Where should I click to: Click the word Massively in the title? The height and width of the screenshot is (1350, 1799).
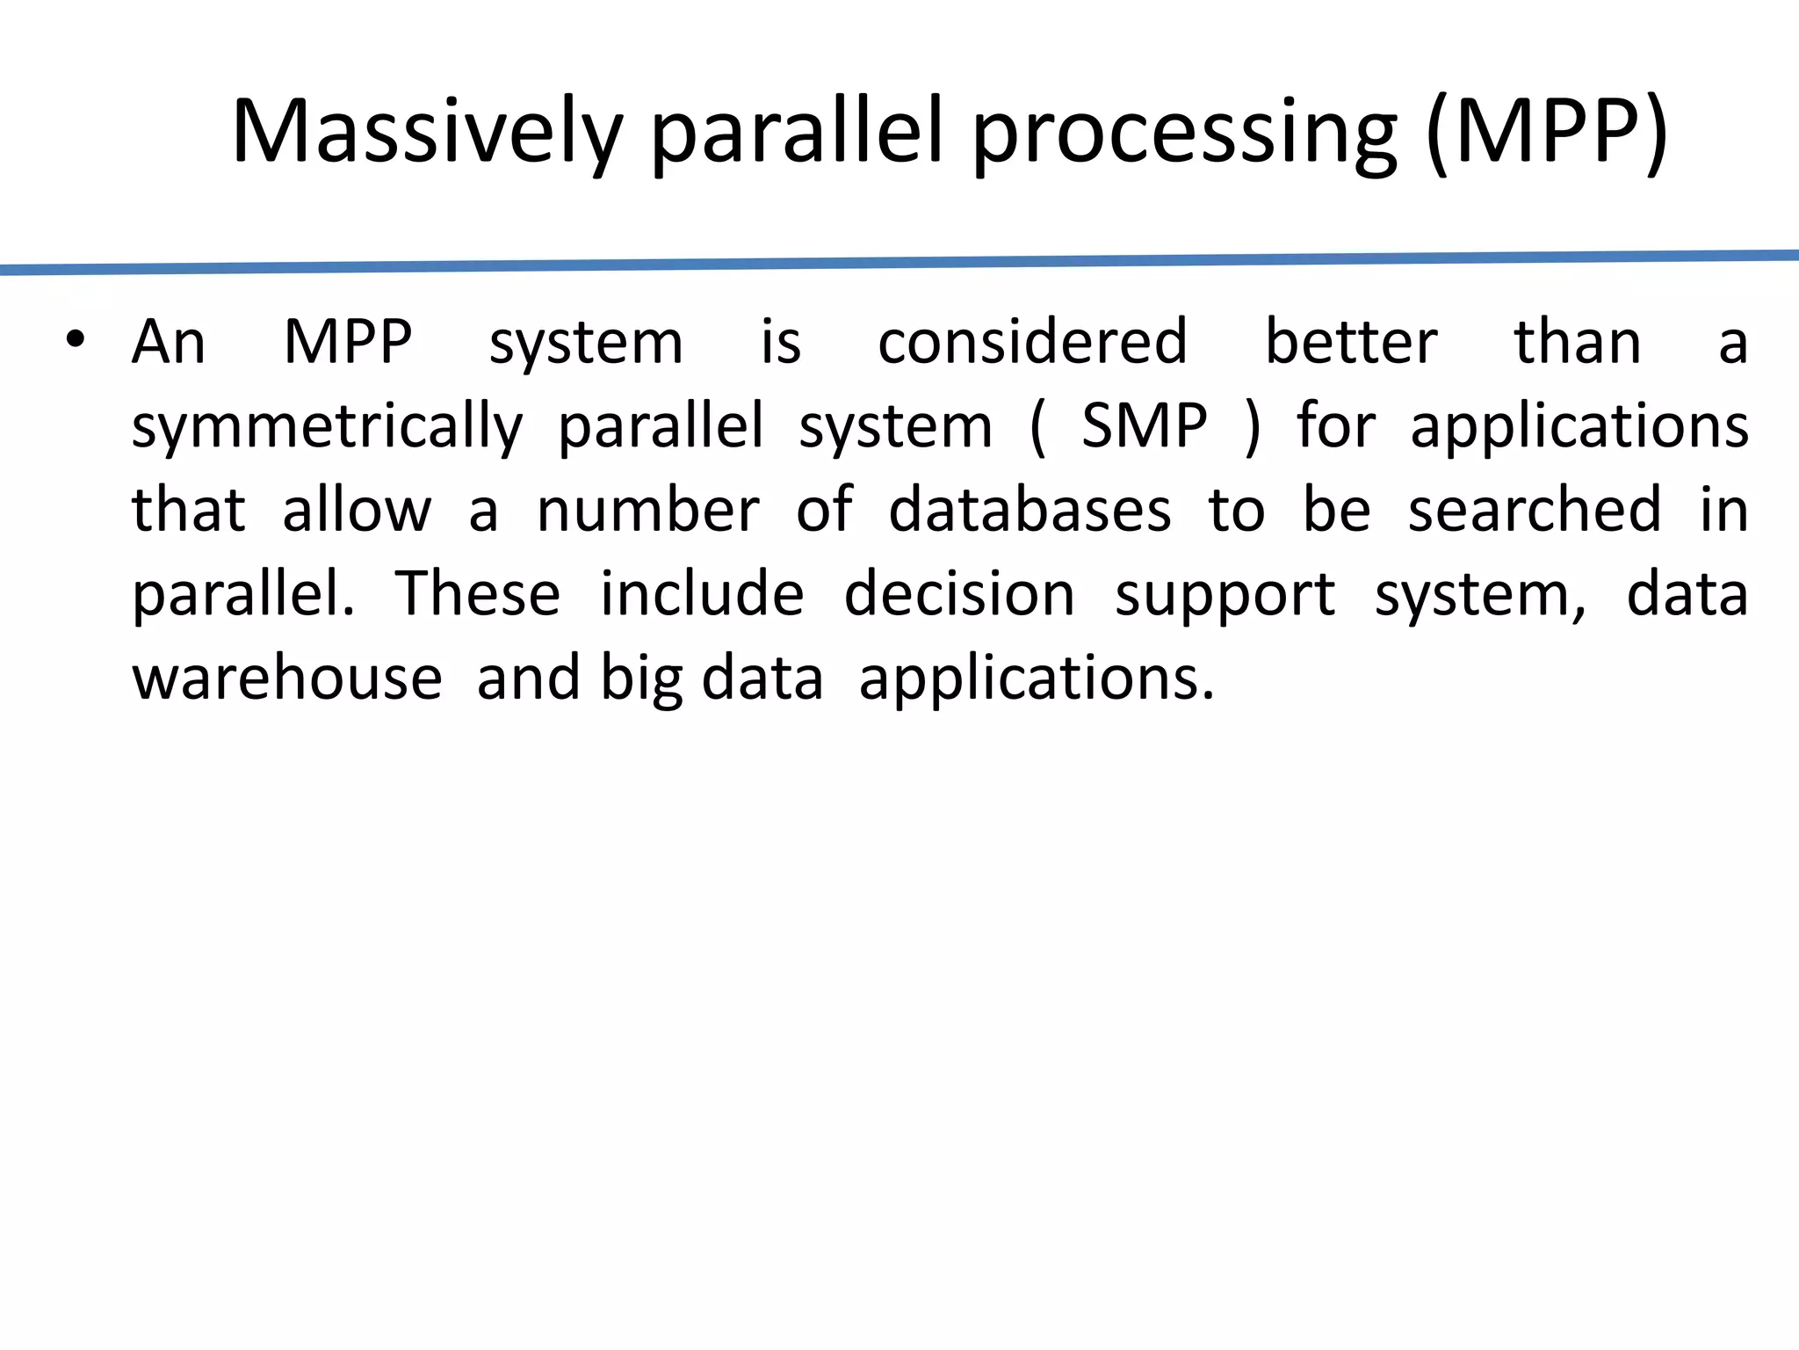tap(426, 132)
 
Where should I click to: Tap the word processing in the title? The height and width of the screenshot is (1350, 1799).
tap(1184, 132)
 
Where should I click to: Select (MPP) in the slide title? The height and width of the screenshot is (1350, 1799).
tap(1546, 132)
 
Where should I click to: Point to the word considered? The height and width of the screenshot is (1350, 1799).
tap(1032, 342)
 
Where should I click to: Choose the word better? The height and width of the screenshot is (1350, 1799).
tap(1351, 342)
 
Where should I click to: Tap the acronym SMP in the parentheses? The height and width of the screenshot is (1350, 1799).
tap(1144, 426)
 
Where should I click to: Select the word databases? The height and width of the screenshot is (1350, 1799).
tap(1030, 510)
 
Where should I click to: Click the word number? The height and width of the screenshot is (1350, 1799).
tap(647, 510)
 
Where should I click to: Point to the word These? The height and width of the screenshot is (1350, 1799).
tap(477, 594)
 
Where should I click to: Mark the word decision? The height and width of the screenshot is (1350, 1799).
tap(959, 594)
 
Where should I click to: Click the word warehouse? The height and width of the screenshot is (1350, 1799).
tap(286, 679)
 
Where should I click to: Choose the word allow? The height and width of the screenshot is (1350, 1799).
tap(357, 510)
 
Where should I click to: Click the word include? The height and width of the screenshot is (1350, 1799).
tap(701, 594)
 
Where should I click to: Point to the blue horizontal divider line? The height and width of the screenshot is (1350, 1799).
tap(899, 263)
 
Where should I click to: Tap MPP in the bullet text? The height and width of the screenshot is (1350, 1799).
tap(348, 342)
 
